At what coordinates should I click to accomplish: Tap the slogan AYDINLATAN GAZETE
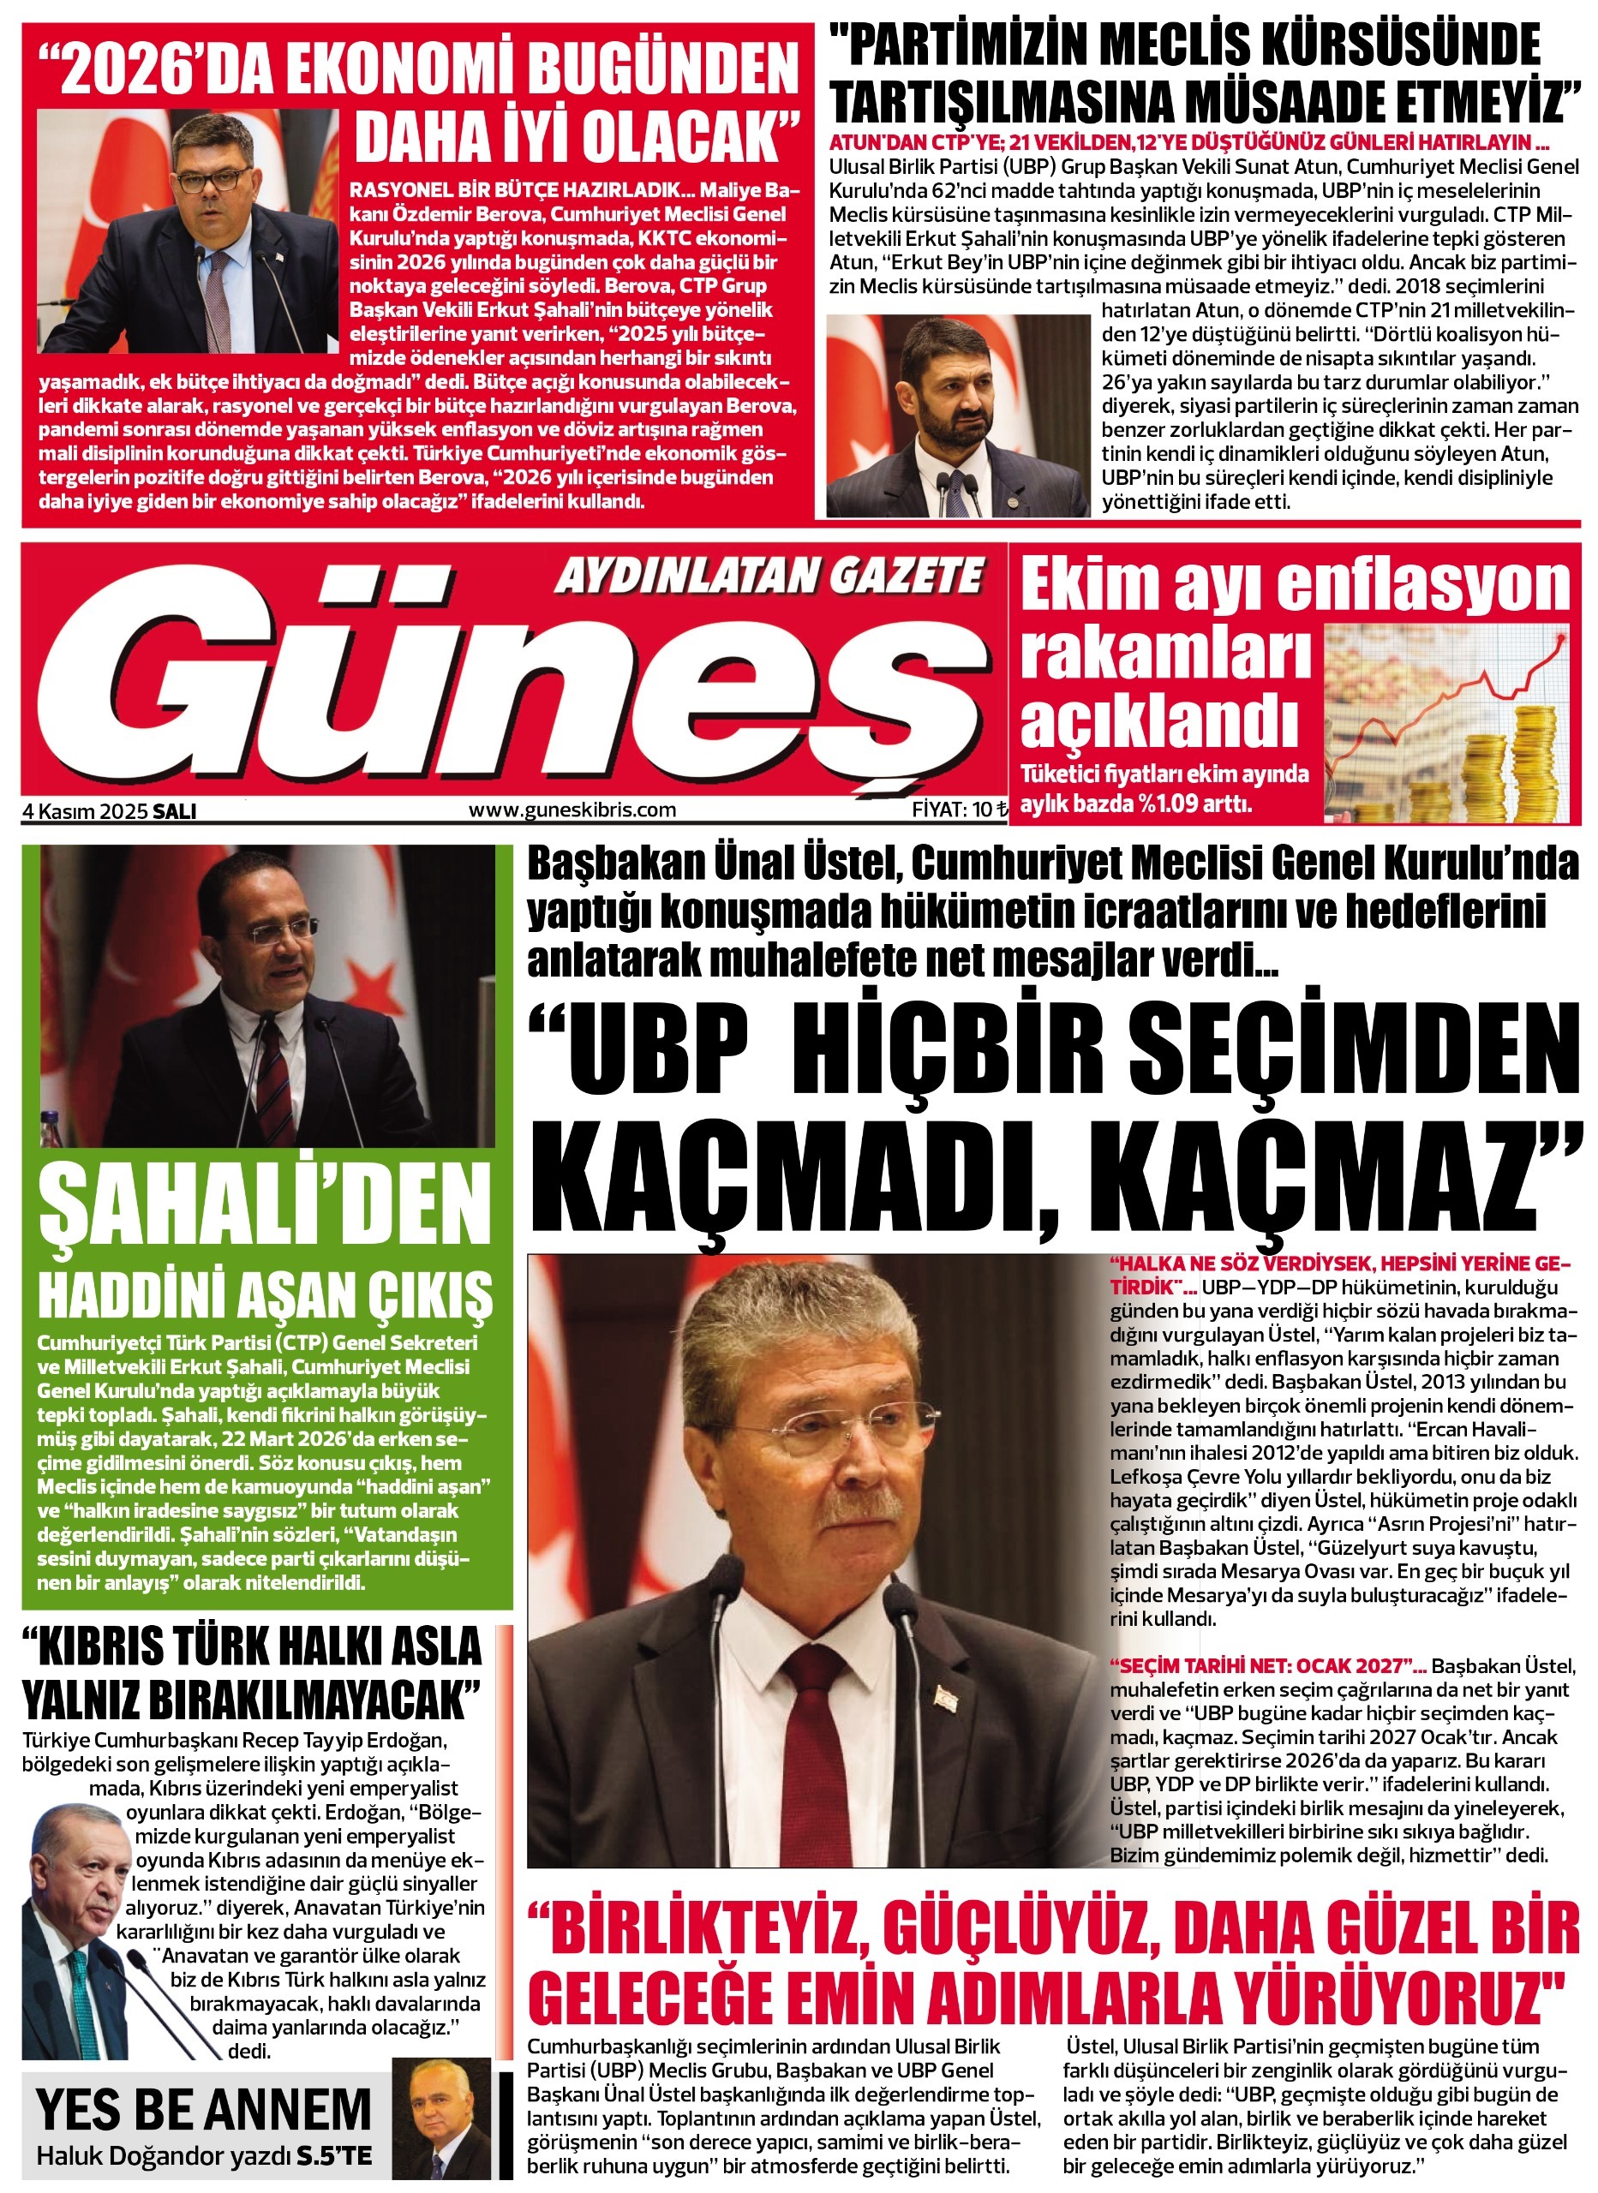(769, 577)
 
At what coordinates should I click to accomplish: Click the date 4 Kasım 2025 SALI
(110, 811)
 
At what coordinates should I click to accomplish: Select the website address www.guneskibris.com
(572, 810)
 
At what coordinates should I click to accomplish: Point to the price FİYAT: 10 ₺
(959, 810)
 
